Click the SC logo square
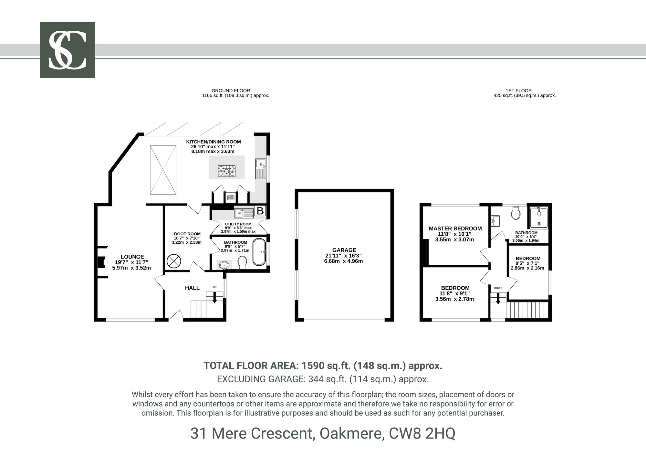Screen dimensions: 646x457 coord(67,50)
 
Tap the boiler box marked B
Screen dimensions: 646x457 coord(260,211)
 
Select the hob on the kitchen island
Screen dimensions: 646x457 coord(227,171)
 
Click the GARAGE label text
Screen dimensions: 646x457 coord(344,250)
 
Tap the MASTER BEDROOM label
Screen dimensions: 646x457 coord(455,228)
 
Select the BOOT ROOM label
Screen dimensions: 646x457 coord(187,234)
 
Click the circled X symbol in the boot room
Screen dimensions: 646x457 coord(174,261)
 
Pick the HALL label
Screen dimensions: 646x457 coord(192,288)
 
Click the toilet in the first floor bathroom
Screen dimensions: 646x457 coord(515,213)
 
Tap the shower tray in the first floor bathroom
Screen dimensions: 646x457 coord(539,217)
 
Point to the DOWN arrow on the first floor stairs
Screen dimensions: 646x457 coord(498,298)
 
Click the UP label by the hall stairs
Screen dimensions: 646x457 coord(214,287)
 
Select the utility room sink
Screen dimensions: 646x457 coord(244,213)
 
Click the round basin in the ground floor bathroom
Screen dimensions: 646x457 coord(224,265)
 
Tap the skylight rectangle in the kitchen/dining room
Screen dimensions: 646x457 coord(163,170)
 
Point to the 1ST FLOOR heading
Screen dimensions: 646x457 coord(519,90)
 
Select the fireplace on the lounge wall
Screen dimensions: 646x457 coord(102,262)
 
